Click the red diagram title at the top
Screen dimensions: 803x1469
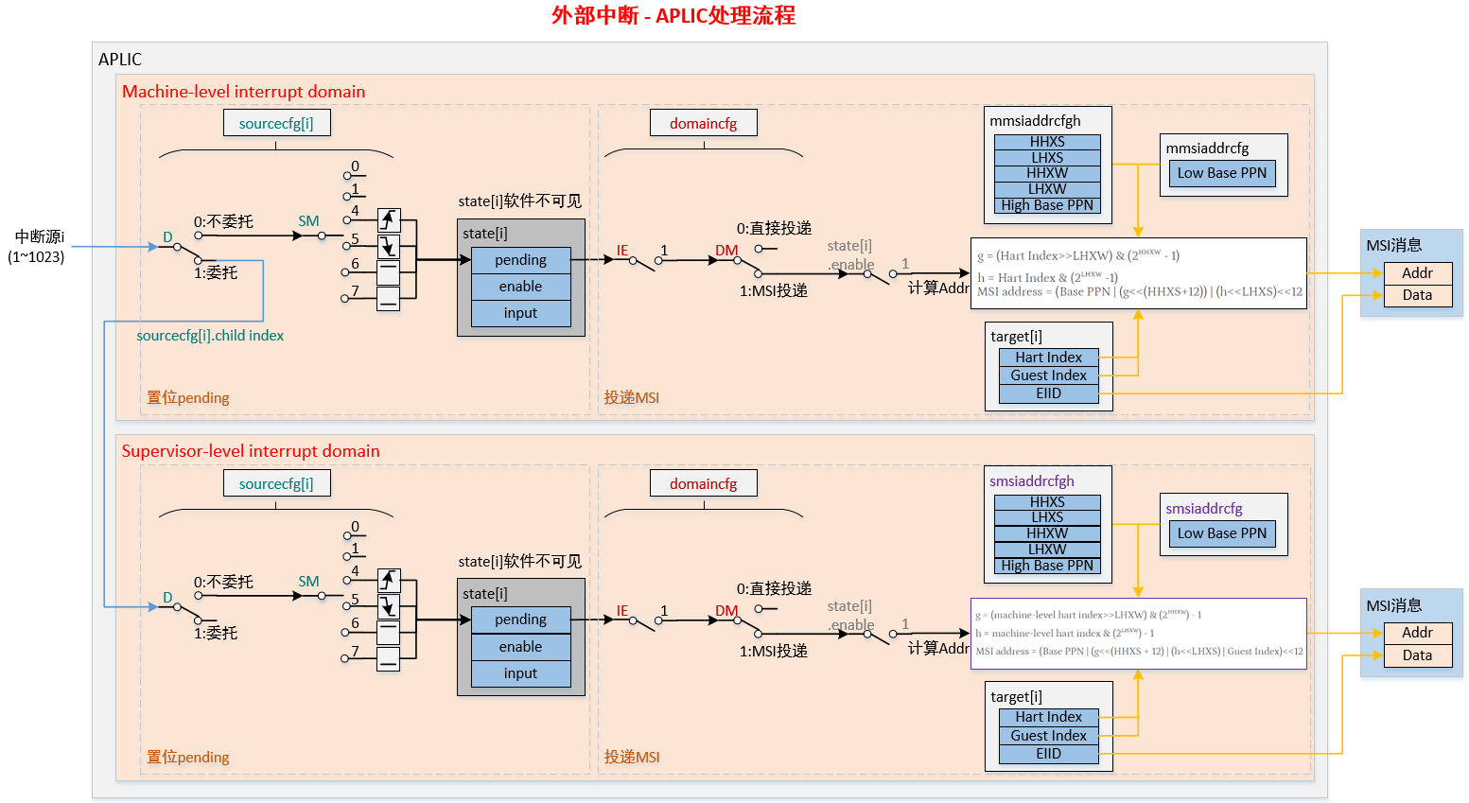click(673, 15)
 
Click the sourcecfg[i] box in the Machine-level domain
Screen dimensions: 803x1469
click(276, 123)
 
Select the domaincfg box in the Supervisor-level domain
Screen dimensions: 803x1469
click(703, 483)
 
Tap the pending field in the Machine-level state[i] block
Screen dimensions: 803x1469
click(520, 260)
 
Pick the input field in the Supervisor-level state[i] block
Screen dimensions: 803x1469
click(520, 673)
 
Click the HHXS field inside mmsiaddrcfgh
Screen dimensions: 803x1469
click(1047, 142)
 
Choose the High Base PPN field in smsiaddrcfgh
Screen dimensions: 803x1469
click(1047, 566)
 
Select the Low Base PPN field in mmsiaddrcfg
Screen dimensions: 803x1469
click(1221, 173)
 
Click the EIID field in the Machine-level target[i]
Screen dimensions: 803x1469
click(1048, 393)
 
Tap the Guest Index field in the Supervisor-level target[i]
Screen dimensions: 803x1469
click(1048, 736)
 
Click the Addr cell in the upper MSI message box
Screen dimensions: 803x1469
click(1417, 273)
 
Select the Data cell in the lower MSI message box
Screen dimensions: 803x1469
click(1417, 655)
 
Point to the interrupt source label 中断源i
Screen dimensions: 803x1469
click(39, 237)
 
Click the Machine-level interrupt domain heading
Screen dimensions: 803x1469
click(243, 92)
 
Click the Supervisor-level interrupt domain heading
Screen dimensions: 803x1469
click(251, 451)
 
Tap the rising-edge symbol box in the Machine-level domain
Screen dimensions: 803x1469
click(389, 220)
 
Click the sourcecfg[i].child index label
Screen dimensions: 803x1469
click(210, 336)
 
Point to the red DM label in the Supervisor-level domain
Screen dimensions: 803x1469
click(726, 611)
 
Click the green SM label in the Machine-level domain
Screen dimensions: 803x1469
click(308, 221)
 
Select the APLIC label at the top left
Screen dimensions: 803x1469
click(120, 60)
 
